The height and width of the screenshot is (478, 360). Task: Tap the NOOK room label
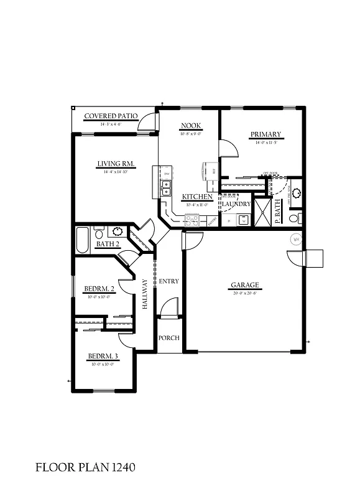pyautogui.click(x=190, y=126)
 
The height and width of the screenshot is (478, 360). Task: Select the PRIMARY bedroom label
pyautogui.click(x=265, y=134)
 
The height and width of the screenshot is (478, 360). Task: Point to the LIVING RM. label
pyautogui.click(x=116, y=164)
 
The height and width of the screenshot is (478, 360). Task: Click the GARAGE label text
pyautogui.click(x=245, y=286)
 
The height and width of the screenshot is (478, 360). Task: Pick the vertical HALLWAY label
pyautogui.click(x=145, y=294)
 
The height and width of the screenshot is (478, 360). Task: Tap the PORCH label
pyautogui.click(x=168, y=338)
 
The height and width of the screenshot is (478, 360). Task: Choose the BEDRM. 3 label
pyautogui.click(x=103, y=356)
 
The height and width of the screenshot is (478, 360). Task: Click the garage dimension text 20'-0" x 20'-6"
pyautogui.click(x=245, y=293)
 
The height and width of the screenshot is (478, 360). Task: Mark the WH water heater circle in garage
pyautogui.click(x=297, y=239)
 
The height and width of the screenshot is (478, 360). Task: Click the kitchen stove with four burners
pyautogui.click(x=192, y=219)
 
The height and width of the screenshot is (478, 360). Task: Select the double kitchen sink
pyautogui.click(x=166, y=188)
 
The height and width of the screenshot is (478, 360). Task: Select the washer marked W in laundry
pyautogui.click(x=244, y=220)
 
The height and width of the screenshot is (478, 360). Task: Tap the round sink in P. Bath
pyautogui.click(x=296, y=193)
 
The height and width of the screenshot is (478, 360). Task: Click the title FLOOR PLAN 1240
pyautogui.click(x=85, y=466)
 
